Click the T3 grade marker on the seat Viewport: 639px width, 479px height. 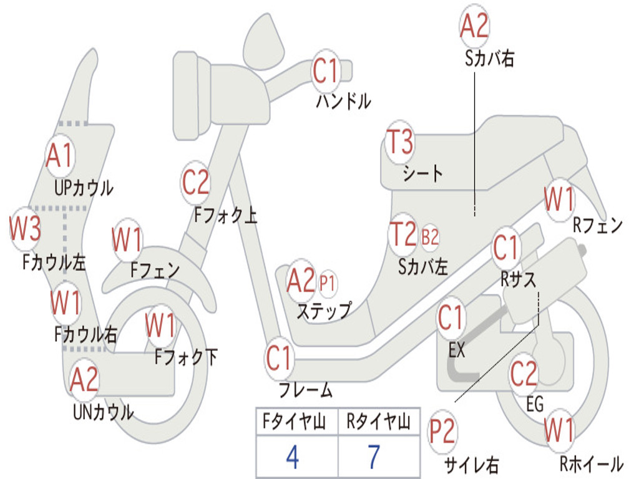coord(400,143)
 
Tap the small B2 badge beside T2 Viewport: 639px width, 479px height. coord(430,237)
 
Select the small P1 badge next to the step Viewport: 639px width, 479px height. coord(327,283)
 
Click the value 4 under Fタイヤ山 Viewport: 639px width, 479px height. coord(292,457)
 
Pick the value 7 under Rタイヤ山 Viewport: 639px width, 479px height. coord(373,457)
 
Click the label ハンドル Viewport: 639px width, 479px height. coord(343,101)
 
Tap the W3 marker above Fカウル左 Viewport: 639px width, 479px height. coord(25,230)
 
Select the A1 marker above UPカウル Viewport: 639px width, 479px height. coord(60,156)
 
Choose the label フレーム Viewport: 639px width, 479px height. coord(306,391)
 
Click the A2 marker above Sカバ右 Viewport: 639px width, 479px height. coord(474,26)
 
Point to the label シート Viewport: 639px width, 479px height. coord(423,173)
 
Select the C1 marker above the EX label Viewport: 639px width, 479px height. coord(451,319)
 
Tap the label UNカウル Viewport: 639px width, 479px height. coord(103,412)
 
